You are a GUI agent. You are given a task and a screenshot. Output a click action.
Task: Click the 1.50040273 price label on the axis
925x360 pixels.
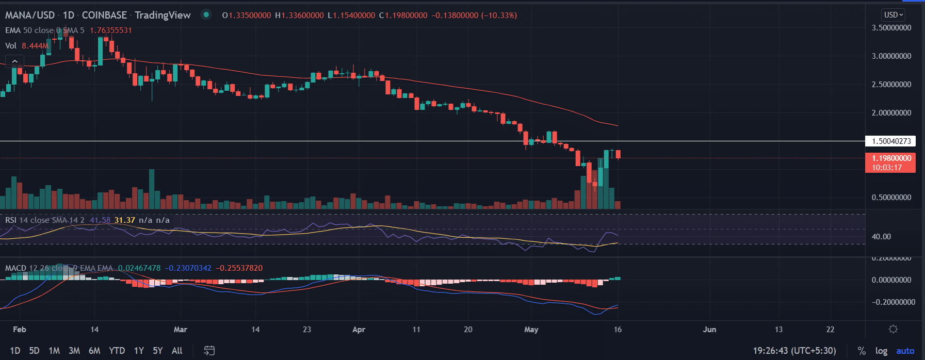890,141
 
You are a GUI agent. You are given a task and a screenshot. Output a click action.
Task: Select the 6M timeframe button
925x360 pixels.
94,351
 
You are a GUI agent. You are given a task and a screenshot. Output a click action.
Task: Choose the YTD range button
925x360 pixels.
117,351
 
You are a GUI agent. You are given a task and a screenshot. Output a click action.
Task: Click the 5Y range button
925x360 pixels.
158,351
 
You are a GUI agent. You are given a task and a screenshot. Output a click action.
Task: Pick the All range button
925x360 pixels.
177,351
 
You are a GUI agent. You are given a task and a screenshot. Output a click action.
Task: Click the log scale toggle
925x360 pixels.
881,351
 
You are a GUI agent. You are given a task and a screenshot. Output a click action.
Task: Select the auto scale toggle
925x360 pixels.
905,351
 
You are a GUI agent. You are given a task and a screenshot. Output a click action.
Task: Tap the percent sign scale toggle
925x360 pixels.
862,351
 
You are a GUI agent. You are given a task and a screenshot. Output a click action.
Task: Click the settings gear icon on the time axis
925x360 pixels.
894,329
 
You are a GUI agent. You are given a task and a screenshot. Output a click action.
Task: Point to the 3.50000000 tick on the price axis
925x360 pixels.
891,28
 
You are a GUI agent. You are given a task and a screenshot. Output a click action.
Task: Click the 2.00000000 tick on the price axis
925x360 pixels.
891,113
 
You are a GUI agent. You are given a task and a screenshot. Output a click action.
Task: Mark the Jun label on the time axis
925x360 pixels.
709,330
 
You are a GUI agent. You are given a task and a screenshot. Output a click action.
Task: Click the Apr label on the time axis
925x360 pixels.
359,330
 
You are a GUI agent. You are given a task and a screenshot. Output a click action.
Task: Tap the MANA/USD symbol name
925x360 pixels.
30,15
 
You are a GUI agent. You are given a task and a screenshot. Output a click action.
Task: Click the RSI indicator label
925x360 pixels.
11,220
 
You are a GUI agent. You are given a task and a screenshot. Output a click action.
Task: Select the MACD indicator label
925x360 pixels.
15,268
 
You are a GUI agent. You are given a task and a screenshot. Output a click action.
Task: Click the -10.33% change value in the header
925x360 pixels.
499,15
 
